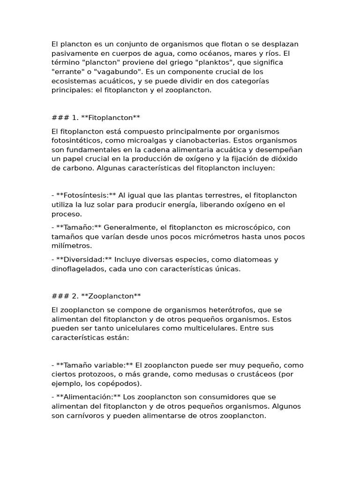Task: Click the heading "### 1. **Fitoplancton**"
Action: tap(96, 118)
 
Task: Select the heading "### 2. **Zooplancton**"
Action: tap(96, 296)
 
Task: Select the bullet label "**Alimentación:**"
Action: tap(88, 397)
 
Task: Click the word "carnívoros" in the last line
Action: tap(87, 416)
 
